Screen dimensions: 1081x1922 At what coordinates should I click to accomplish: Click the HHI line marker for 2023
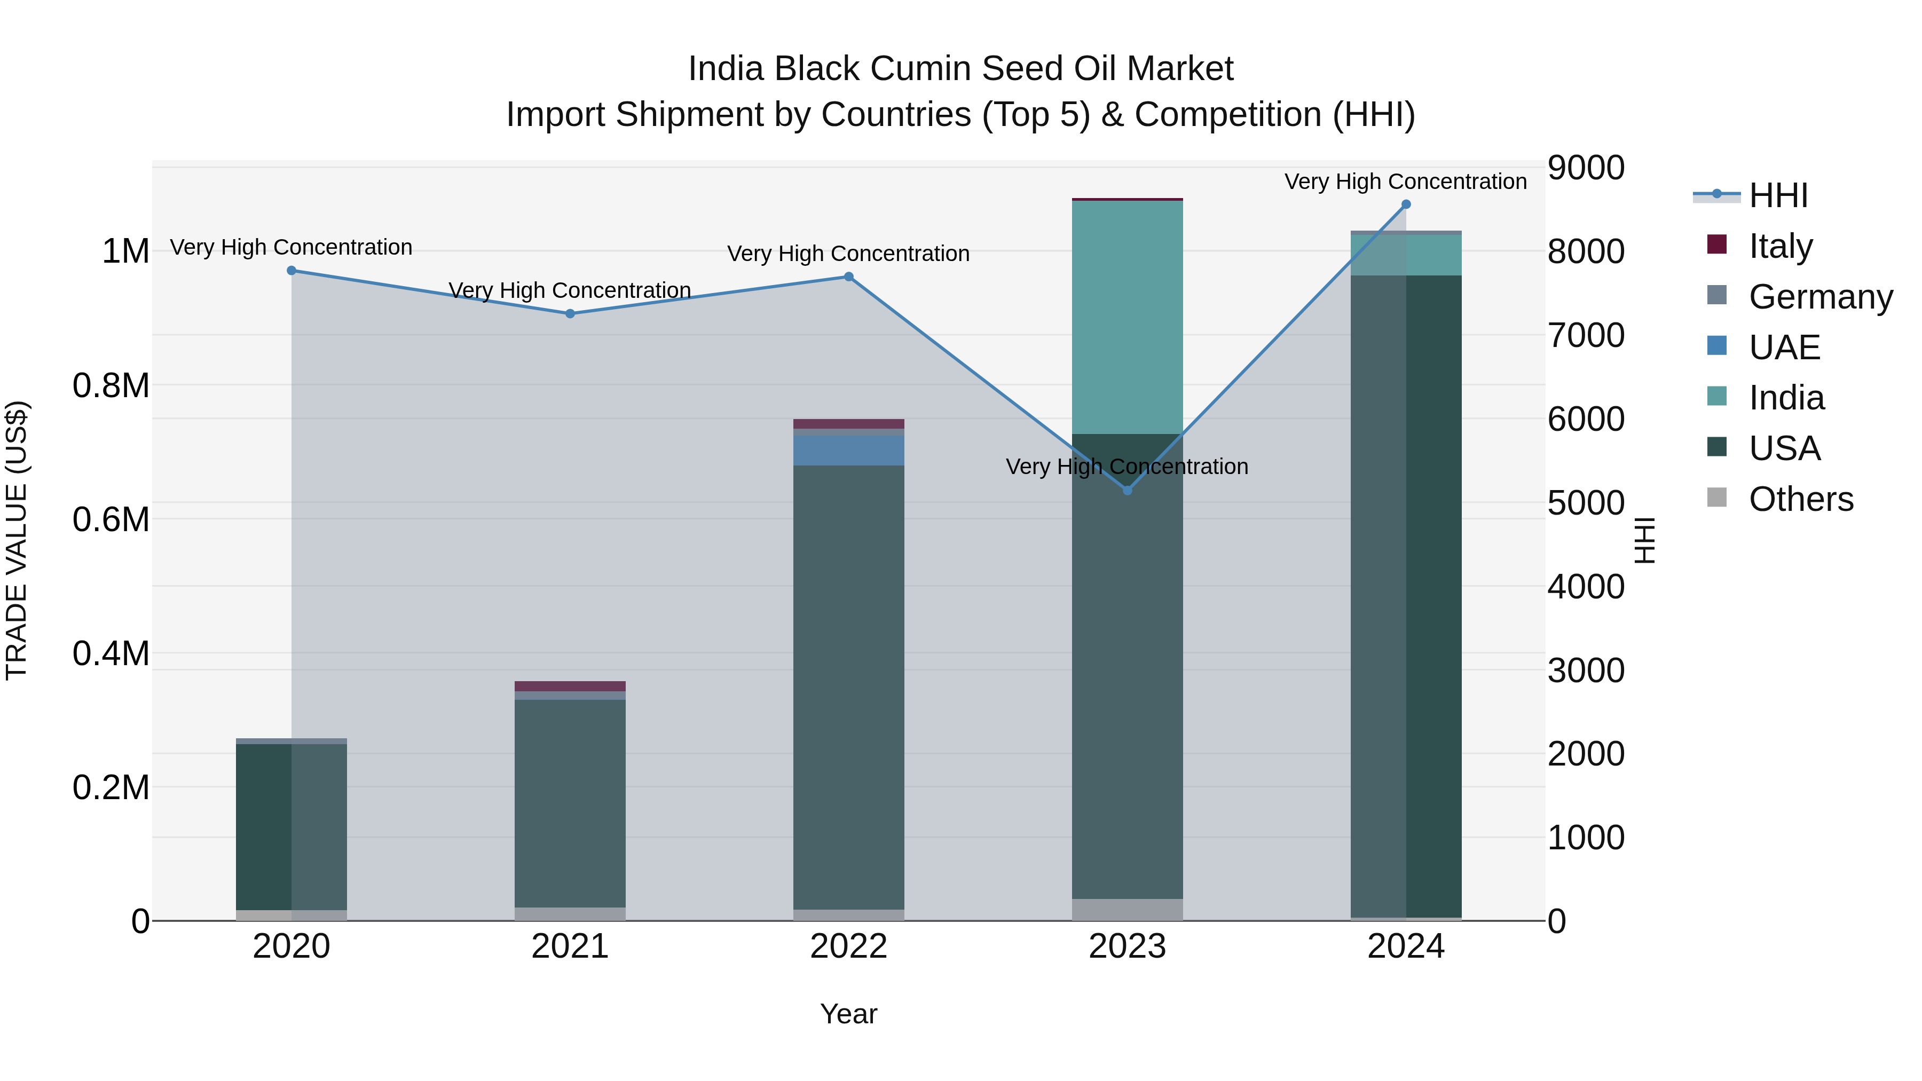pos(1128,490)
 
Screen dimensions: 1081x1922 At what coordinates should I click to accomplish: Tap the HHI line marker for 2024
pos(1406,204)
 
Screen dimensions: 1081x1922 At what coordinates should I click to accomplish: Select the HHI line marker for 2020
pos(292,271)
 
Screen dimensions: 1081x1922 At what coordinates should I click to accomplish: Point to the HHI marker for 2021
pos(570,314)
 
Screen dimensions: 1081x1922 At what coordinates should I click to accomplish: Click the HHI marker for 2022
pos(848,277)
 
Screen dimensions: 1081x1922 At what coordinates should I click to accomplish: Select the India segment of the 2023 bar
pos(1128,317)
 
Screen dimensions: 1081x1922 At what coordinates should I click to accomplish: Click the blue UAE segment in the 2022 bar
pos(848,450)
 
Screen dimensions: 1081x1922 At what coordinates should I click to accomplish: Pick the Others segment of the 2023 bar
pos(1128,910)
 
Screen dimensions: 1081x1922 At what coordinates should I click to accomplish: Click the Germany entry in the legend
pos(1821,297)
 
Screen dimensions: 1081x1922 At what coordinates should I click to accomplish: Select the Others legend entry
pos(1800,499)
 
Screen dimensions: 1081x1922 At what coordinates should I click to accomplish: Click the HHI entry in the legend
pos(1778,195)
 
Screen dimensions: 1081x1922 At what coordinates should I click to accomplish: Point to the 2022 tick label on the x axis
pos(848,946)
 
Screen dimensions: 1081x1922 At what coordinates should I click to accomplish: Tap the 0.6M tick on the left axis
pos(111,519)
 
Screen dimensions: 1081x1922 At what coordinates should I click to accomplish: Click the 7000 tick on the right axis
pos(1586,335)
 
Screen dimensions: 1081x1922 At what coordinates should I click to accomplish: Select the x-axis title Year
pos(848,1014)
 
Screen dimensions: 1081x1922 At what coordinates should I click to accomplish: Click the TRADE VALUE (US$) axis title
pos(17,540)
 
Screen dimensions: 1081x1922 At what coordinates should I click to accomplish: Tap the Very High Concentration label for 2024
pos(1406,182)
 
